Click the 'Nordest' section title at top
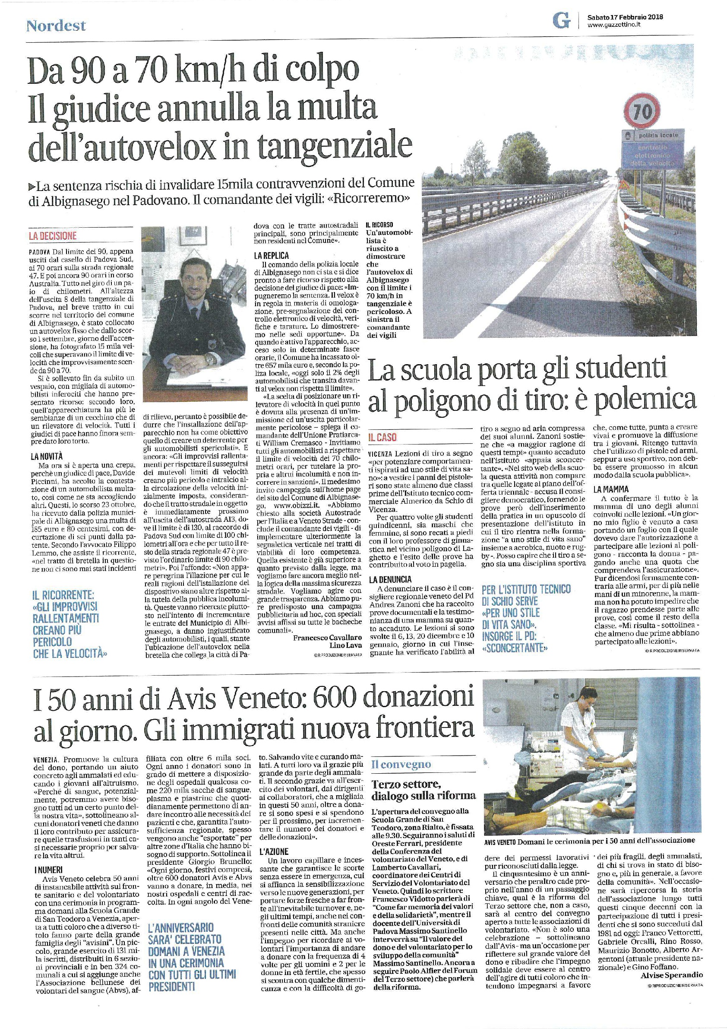pyautogui.click(x=56, y=26)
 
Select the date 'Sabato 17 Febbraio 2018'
pyautogui.click(x=625, y=17)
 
